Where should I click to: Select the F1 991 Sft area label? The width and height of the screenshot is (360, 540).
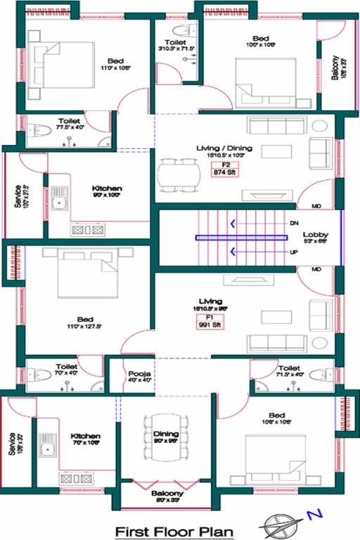pos(210,323)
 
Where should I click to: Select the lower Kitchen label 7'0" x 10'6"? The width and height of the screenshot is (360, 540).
pos(85,439)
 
